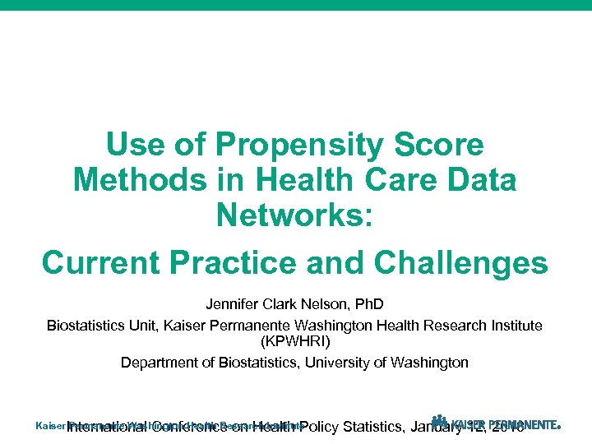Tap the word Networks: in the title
pyautogui.click(x=295, y=215)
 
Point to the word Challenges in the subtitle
pyautogui.click(x=460, y=263)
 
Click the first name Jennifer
pyautogui.click(x=234, y=306)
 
